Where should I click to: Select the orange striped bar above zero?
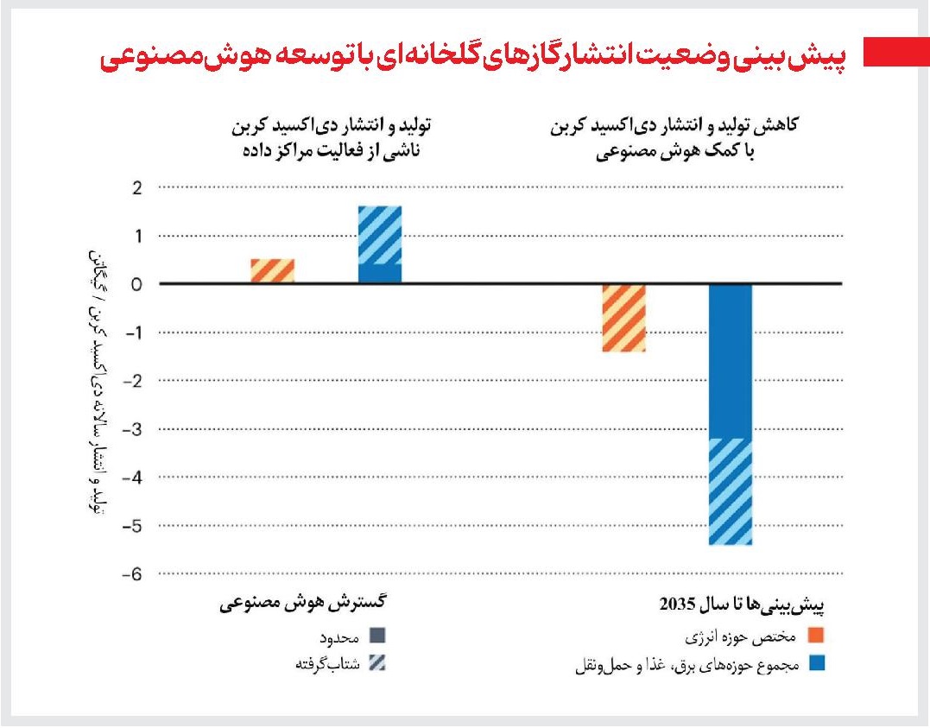pos(273,271)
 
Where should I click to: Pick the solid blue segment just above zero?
pos(380,274)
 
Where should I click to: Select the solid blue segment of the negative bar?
pos(731,361)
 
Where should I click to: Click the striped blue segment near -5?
pos(731,491)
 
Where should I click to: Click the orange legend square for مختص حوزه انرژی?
pos(816,637)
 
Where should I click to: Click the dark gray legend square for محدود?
pos(376,637)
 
